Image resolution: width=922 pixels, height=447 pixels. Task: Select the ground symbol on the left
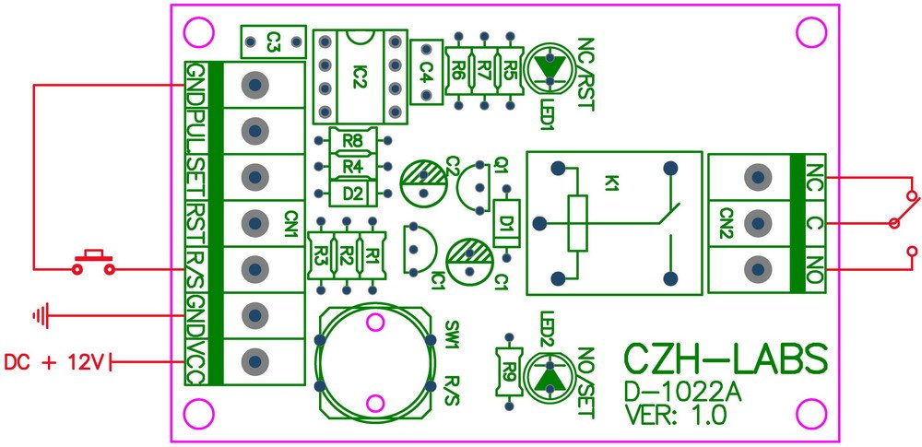pyautogui.click(x=40, y=317)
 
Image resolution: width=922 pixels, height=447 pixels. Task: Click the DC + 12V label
pyautogui.click(x=55, y=363)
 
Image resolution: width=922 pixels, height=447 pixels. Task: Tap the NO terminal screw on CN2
pyautogui.click(x=758, y=268)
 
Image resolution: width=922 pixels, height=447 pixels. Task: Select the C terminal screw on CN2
pyautogui.click(x=758, y=222)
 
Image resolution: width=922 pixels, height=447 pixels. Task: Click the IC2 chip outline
pyautogui.click(x=360, y=76)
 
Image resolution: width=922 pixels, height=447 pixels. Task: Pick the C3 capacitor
pyautogui.click(x=272, y=41)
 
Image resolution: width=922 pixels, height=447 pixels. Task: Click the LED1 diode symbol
pyautogui.click(x=551, y=66)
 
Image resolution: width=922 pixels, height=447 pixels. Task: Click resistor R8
pyautogui.click(x=351, y=141)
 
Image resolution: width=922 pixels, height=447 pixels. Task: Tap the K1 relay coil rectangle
pyautogui.click(x=577, y=223)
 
